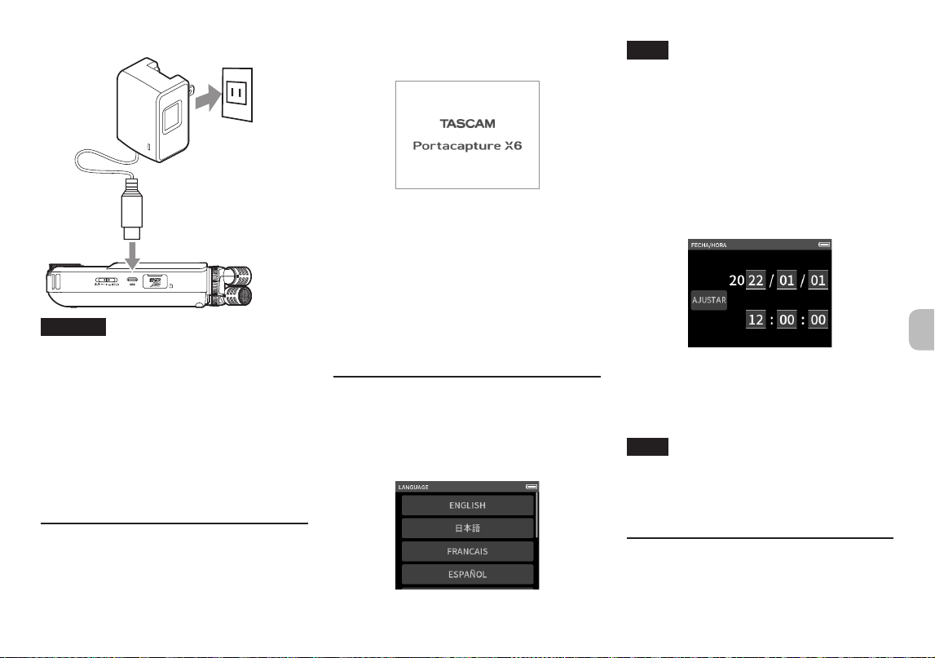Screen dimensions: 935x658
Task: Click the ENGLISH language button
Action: pos(468,506)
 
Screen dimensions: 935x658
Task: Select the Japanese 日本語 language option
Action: pos(468,528)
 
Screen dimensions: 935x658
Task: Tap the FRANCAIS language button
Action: pos(468,551)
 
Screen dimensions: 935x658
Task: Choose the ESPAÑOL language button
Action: pos(468,575)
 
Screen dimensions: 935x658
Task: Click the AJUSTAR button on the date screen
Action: pos(709,300)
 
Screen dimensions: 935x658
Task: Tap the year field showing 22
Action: pos(756,280)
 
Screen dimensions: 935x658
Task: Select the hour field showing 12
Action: pos(756,320)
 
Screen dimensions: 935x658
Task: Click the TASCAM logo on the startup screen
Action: pos(468,123)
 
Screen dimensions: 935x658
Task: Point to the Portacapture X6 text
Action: pos(468,146)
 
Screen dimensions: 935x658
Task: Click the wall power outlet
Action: pos(237,95)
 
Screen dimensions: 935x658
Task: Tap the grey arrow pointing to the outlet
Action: pos(208,98)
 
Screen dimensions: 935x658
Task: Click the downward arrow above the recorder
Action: pos(132,255)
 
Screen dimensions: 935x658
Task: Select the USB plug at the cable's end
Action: pos(132,209)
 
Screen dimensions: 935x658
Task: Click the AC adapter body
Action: pos(153,110)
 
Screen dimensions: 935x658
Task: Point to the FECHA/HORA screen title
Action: pos(708,245)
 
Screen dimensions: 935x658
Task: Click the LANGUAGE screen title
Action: pos(413,488)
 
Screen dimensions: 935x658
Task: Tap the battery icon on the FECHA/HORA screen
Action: pos(824,245)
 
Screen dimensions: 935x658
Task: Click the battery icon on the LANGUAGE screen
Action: pos(531,487)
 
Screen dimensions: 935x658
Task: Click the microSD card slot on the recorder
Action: pos(155,281)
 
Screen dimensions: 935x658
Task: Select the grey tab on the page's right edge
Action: pos(922,330)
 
